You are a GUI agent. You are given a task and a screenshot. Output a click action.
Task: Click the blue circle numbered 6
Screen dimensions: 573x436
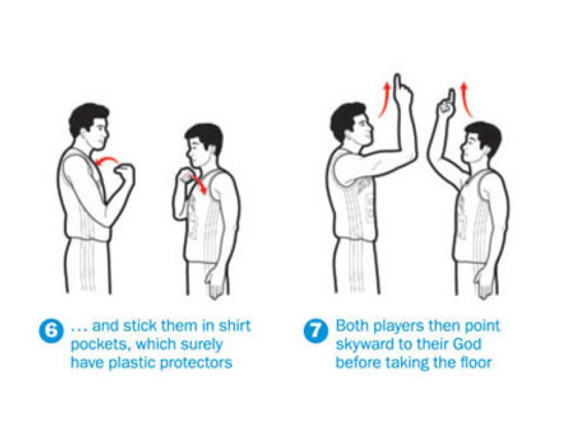[x=51, y=331]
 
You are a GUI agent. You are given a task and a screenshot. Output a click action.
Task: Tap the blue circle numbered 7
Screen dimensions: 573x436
[x=316, y=331]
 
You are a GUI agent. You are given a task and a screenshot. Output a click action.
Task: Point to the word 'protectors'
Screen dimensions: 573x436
[x=197, y=363]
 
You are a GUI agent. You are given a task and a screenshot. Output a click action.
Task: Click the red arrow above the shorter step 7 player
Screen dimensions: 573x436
[x=466, y=99]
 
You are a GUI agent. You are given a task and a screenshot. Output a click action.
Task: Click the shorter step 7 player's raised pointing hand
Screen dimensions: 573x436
[x=446, y=103]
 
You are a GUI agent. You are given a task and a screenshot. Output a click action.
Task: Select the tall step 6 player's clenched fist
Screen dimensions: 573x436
[x=125, y=174]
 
